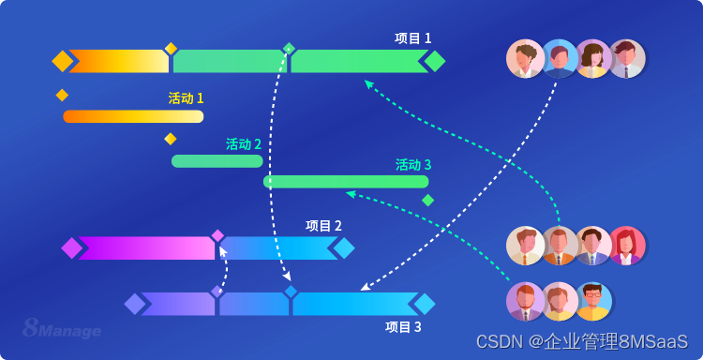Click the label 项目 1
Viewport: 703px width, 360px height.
click(x=412, y=38)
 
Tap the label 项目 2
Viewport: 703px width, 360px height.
click(x=323, y=226)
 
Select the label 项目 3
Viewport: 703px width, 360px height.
click(x=403, y=327)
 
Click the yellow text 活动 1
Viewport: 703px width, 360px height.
click(x=186, y=98)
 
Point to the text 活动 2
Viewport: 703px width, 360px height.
click(x=244, y=144)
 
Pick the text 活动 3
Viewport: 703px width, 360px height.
click(x=413, y=165)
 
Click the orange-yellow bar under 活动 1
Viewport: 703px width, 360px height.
click(x=133, y=116)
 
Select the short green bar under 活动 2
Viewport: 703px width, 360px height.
click(x=217, y=161)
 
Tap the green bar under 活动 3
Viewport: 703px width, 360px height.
click(x=346, y=182)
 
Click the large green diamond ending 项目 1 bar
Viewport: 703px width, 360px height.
click(x=435, y=61)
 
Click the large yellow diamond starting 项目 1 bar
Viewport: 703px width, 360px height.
click(x=62, y=61)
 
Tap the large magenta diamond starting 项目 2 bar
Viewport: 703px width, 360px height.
click(x=71, y=247)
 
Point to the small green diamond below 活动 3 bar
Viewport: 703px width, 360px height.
click(x=427, y=200)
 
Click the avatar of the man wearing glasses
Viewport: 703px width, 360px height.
click(x=593, y=301)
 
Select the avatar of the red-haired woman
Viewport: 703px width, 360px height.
click(x=627, y=246)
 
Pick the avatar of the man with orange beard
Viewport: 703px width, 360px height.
click(x=525, y=301)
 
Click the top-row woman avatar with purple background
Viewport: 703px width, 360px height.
click(x=592, y=58)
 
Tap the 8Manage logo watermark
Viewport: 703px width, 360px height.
click(x=62, y=329)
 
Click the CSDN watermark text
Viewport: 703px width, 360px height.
click(x=581, y=341)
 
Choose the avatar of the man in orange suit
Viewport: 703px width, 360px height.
click(x=559, y=246)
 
